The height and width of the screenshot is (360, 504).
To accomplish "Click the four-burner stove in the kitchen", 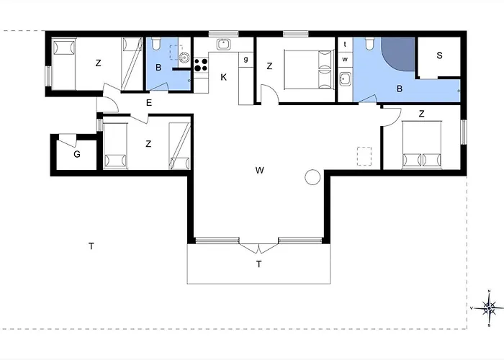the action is pos(201,64).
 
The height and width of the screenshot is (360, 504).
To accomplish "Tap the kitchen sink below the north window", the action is pos(224,44).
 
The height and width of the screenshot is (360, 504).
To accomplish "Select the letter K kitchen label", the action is pos(224,77).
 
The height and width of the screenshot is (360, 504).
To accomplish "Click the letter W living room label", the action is pos(260,170).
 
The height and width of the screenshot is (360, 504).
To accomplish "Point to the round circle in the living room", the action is pos(312,177).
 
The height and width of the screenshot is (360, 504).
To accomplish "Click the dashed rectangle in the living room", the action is pos(364,156).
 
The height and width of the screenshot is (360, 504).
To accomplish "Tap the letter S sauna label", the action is pos(439,55).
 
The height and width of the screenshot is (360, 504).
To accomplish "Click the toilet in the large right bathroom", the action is pos(369,44).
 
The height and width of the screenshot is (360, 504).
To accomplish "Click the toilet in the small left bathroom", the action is pos(156,44).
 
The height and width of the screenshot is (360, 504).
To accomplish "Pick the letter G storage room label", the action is pos(77,154).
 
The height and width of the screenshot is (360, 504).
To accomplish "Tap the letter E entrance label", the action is pos(149,103).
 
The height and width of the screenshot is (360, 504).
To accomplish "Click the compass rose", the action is pos(489,308).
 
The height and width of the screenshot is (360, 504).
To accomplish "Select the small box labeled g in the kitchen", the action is pos(246,59).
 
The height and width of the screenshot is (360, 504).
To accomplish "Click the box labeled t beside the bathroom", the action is pos(345,45).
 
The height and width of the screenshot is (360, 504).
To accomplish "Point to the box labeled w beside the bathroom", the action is pos(345,59).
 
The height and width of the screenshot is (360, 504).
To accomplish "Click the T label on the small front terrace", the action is pos(258,264).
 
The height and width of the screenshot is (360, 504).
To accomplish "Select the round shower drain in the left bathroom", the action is pos(184,57).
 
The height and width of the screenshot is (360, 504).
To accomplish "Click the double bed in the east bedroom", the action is pos(421,145).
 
